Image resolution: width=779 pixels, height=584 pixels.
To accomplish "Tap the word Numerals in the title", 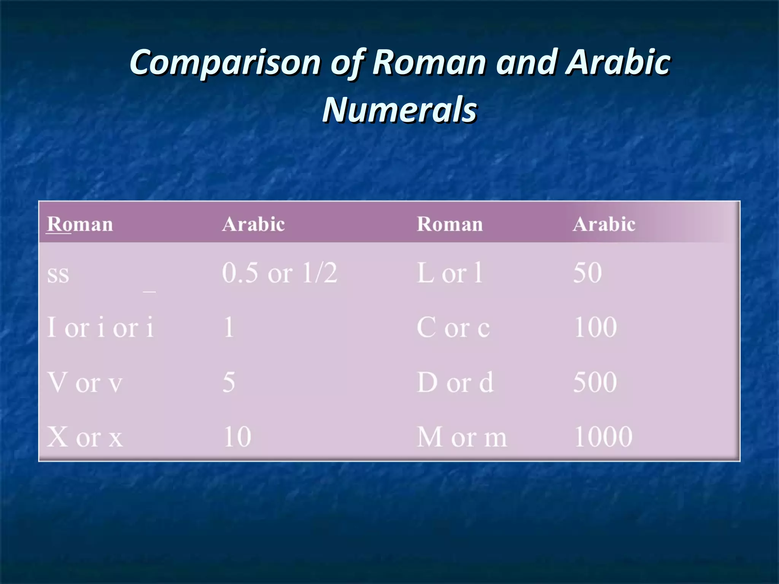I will pyautogui.click(x=399, y=109).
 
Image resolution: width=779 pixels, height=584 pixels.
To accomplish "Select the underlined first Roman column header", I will pyautogui.click(x=80, y=224).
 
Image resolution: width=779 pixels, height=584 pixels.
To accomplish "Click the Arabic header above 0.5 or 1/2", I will pyautogui.click(x=253, y=224).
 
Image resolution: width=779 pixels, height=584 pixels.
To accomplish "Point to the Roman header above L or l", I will pyautogui.click(x=450, y=224).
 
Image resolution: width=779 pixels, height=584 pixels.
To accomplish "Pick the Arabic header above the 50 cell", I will pyautogui.click(x=604, y=224).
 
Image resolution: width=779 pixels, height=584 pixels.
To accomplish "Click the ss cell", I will pyautogui.click(x=58, y=274).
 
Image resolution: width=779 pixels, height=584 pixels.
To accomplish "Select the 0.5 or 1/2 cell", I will pyautogui.click(x=280, y=273).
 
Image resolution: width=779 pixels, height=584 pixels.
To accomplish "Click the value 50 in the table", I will pyautogui.click(x=587, y=273).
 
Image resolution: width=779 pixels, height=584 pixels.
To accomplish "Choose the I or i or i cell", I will pyautogui.click(x=100, y=327).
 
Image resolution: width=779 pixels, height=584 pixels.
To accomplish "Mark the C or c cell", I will pyautogui.click(x=453, y=327).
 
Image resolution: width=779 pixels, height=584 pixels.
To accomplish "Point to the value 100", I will pyautogui.click(x=595, y=327).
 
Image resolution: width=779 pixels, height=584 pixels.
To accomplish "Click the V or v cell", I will pyautogui.click(x=85, y=382).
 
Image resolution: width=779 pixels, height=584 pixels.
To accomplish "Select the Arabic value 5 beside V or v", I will pyautogui.click(x=229, y=382).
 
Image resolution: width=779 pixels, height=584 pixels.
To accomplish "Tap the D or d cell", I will pyautogui.click(x=455, y=382).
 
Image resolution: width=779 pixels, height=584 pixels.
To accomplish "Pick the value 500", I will pyautogui.click(x=595, y=382).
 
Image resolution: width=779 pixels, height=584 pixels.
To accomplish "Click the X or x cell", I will pyautogui.click(x=85, y=437).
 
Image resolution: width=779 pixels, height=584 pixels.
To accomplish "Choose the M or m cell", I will pyautogui.click(x=462, y=437).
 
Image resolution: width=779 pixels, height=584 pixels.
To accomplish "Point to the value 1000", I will pyautogui.click(x=603, y=437).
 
